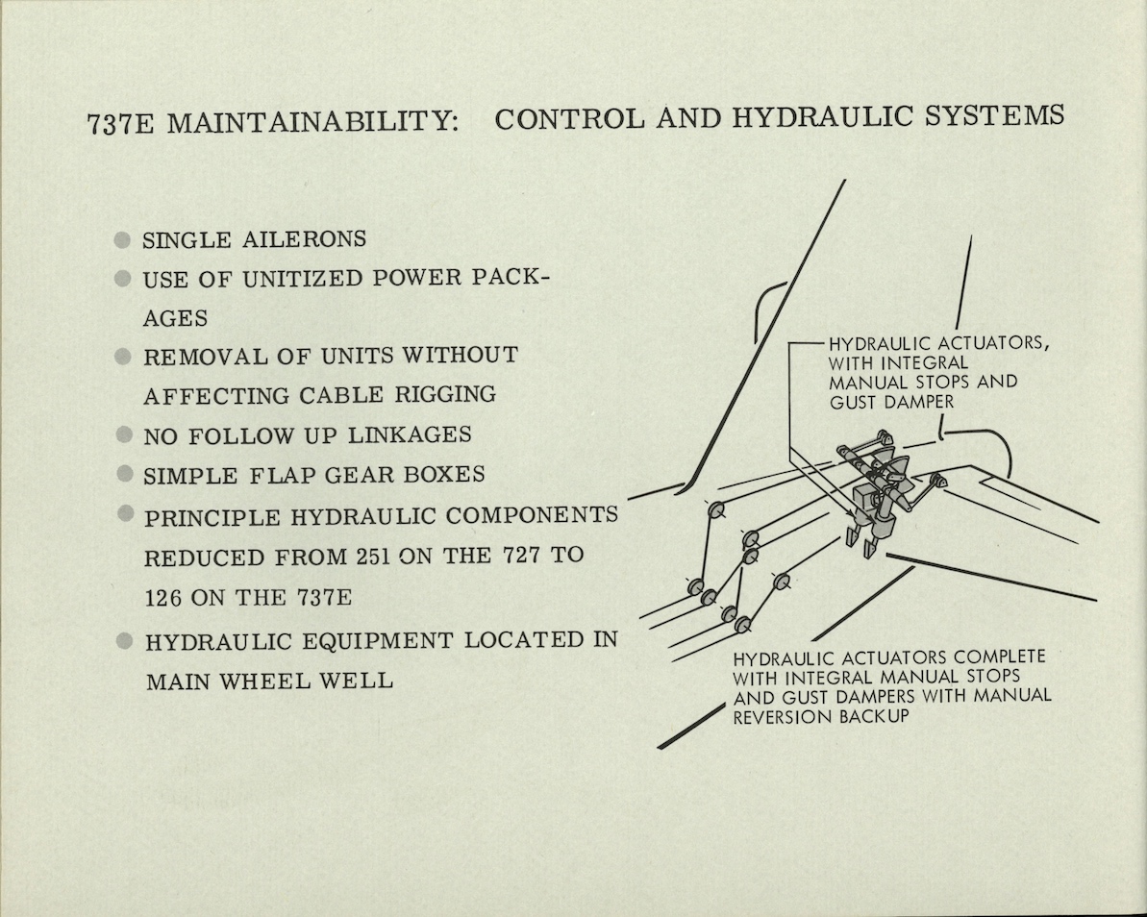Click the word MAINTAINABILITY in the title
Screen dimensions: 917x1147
(x=308, y=125)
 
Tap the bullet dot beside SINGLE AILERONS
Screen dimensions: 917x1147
(x=122, y=239)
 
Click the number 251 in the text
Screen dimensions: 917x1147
(x=369, y=558)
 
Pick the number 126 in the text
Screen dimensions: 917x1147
(x=163, y=597)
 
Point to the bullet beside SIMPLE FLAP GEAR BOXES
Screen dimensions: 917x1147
(x=123, y=474)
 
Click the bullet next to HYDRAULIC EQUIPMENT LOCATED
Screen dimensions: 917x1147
(x=124, y=640)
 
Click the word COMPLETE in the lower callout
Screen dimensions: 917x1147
(x=998, y=657)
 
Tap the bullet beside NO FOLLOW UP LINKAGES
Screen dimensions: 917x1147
(x=123, y=434)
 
